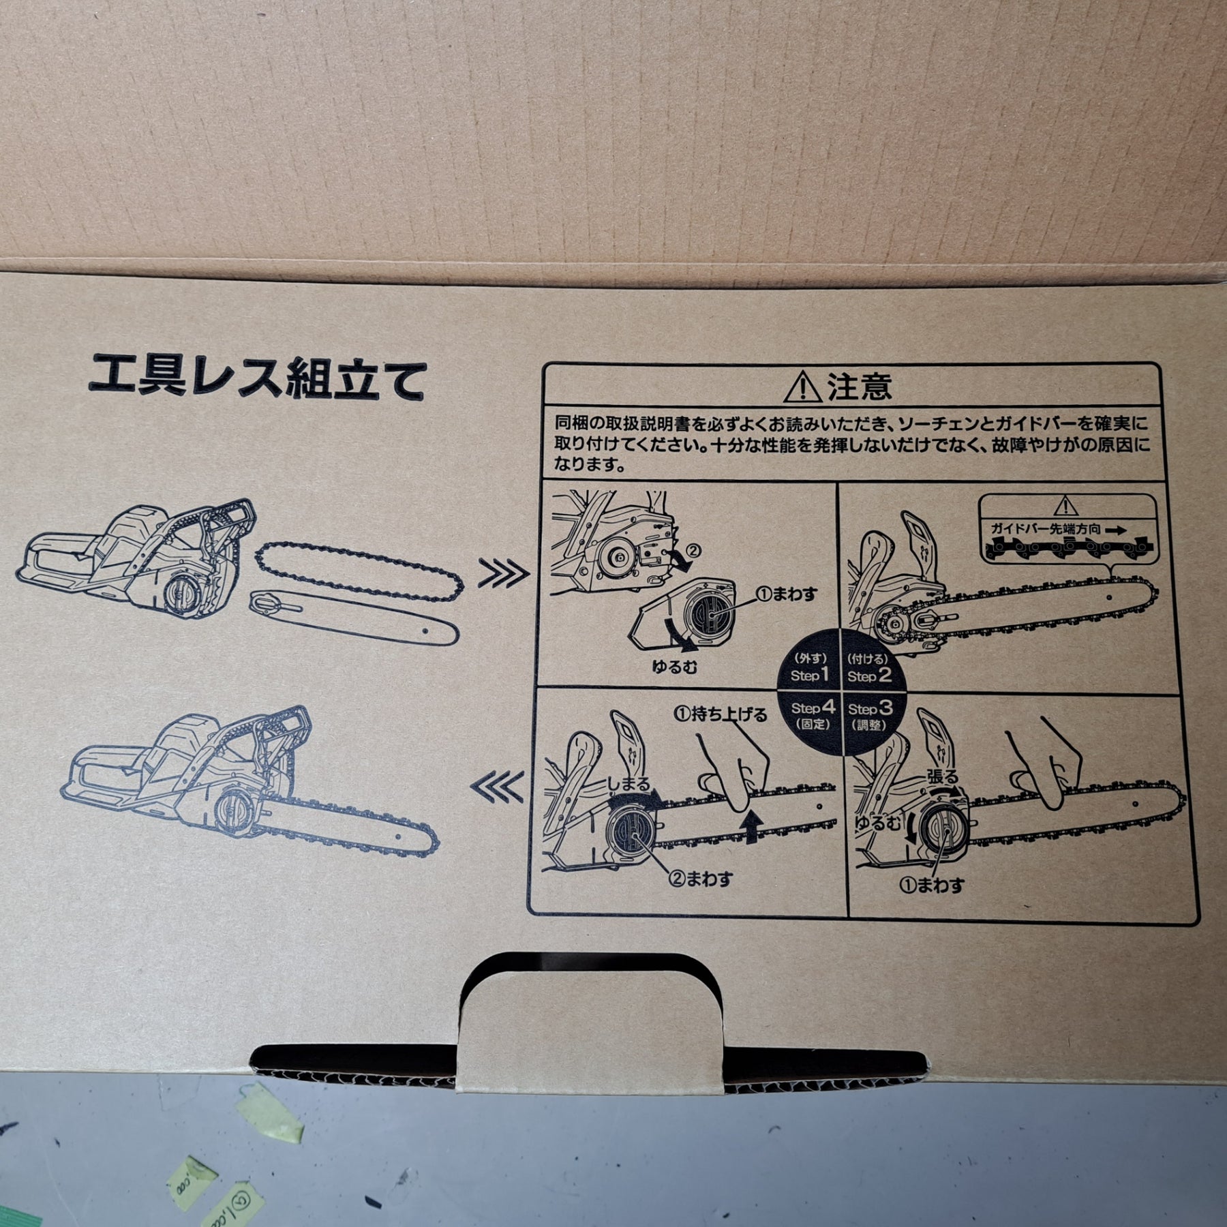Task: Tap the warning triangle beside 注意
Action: pyautogui.click(x=803, y=387)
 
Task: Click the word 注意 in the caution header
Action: pyautogui.click(x=860, y=387)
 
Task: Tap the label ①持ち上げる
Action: pyautogui.click(x=720, y=714)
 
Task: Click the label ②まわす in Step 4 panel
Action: pyautogui.click(x=701, y=879)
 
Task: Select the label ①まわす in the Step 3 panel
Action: pyautogui.click(x=932, y=885)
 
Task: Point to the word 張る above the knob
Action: pyautogui.click(x=942, y=776)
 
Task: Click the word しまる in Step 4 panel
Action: pyautogui.click(x=628, y=785)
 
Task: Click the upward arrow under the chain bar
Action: pyautogui.click(x=752, y=827)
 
